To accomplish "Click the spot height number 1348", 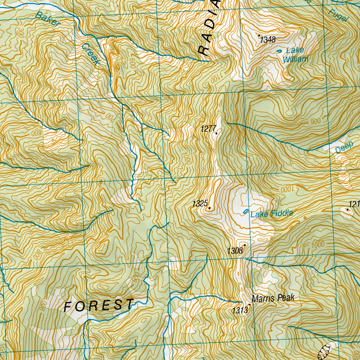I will [x=268, y=40].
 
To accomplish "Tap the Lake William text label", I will [x=295, y=55].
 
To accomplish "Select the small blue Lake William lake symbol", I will [x=279, y=51].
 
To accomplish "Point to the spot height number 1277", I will [x=207, y=129].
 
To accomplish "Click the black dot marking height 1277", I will [x=216, y=134].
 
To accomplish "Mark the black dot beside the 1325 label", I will [x=210, y=208].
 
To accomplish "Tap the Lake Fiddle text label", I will [x=272, y=213].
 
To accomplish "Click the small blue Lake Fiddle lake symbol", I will [x=245, y=211].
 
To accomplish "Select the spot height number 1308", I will [x=235, y=251].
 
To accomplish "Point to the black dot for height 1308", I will [x=244, y=245].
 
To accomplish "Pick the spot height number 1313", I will [x=240, y=310].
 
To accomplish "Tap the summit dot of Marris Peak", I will [x=250, y=305].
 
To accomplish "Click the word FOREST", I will [x=99, y=305].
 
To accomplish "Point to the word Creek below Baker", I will [x=90, y=54].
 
